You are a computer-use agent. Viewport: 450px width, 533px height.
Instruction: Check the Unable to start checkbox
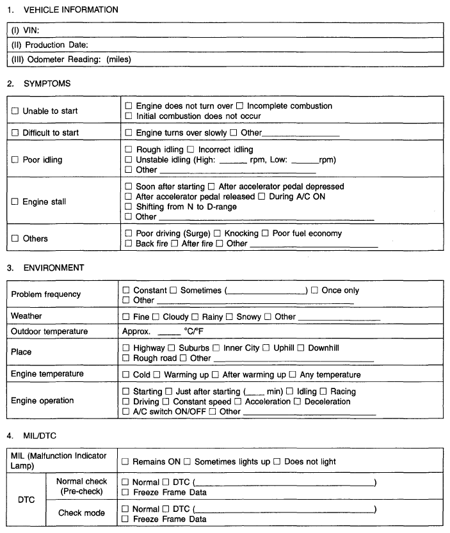(15, 111)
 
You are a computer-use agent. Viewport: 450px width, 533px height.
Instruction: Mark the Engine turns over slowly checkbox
(129, 133)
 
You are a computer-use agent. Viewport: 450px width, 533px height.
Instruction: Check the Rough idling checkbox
(129, 150)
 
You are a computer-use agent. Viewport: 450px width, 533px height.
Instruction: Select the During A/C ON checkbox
(261, 196)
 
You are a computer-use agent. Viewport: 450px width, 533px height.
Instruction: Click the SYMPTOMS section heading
(38, 83)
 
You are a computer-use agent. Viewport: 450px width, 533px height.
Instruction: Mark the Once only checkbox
(314, 290)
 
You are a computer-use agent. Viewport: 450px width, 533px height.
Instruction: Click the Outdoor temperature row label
(49, 331)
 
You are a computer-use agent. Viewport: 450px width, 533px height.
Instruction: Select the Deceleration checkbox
(298, 402)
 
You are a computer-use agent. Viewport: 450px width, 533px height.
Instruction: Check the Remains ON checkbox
(125, 461)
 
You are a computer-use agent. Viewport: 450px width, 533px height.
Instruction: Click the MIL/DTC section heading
(33, 436)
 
